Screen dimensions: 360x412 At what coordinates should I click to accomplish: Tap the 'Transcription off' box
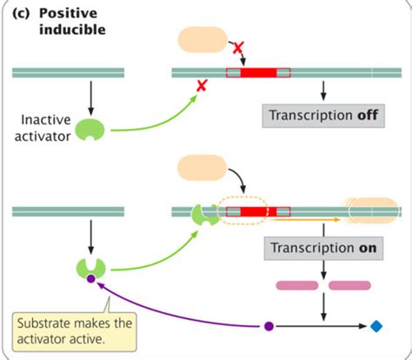click(323, 115)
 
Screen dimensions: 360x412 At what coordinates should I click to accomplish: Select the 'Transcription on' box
click(323, 247)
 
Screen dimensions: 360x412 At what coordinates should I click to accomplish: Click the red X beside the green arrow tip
click(202, 85)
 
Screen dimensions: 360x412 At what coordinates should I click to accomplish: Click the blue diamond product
click(375, 326)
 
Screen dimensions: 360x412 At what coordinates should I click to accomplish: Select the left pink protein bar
click(297, 284)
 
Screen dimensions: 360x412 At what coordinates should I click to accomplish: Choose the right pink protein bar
click(349, 284)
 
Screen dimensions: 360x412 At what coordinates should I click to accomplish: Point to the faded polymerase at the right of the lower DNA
click(374, 210)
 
